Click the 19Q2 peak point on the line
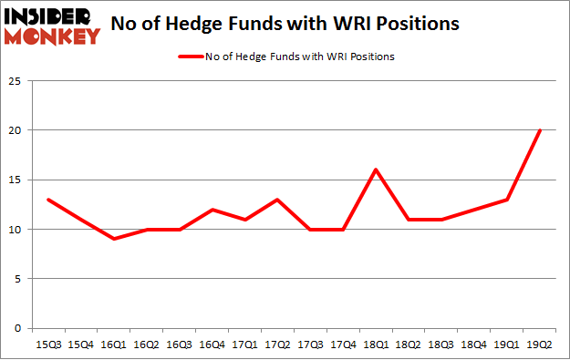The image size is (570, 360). click(x=540, y=129)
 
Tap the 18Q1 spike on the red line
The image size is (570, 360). click(x=376, y=170)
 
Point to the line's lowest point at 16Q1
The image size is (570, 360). click(x=113, y=239)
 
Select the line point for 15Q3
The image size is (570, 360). click(x=47, y=200)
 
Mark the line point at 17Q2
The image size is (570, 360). click(x=277, y=200)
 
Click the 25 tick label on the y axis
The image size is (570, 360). click(x=16, y=80)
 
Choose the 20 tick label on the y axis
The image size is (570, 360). click(x=16, y=130)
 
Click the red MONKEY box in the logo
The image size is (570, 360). click(x=52, y=36)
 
